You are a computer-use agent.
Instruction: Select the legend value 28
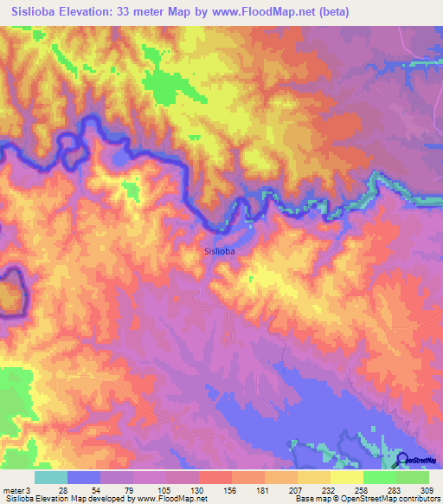pos(63,490)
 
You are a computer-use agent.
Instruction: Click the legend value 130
pos(196,490)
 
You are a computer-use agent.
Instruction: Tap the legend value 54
pos(96,490)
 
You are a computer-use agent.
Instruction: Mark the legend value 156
pos(230,490)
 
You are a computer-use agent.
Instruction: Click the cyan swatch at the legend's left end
pos(51,477)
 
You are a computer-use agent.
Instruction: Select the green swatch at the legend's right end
pos(412,477)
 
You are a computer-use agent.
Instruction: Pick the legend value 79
pos(130,490)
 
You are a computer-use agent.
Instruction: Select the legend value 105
pos(164,490)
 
